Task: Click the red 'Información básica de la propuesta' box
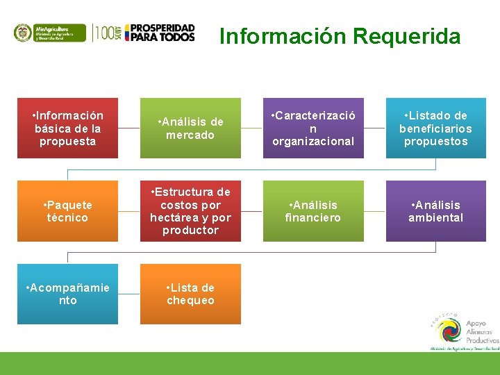(x=67, y=128)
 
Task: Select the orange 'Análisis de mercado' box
(x=190, y=128)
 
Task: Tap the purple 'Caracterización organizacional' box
(x=313, y=128)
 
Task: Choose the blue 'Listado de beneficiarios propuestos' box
(x=435, y=128)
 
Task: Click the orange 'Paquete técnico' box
(x=67, y=211)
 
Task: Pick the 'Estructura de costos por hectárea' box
(x=190, y=211)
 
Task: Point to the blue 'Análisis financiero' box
(x=313, y=211)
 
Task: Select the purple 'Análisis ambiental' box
(x=435, y=211)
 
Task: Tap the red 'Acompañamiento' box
(x=67, y=294)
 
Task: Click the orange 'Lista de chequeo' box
(x=190, y=294)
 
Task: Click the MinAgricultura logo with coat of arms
(x=49, y=33)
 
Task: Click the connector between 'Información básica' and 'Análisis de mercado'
(x=128, y=128)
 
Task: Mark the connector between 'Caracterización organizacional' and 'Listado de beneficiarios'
(x=374, y=128)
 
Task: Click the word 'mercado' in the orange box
(x=190, y=135)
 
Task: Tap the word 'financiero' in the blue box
(x=313, y=217)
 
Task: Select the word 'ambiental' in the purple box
(x=435, y=217)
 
